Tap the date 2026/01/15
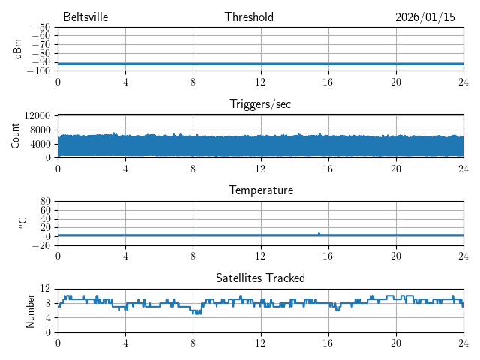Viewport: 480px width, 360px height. pyautogui.click(x=425, y=17)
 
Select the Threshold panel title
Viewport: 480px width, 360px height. pyautogui.click(x=249, y=17)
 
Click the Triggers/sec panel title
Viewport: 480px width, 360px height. pyautogui.click(x=260, y=104)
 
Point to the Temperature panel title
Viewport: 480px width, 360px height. pyautogui.click(x=260, y=190)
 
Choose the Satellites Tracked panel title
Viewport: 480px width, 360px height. pyautogui.click(x=260, y=278)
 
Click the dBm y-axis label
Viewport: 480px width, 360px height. pyautogui.click(x=17, y=49)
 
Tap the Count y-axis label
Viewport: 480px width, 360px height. pyautogui.click(x=16, y=136)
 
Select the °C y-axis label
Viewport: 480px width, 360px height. pyautogui.click(x=22, y=223)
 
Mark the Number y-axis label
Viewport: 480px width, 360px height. pyautogui.click(x=31, y=310)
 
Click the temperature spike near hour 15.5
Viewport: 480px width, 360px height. pyautogui.click(x=319, y=233)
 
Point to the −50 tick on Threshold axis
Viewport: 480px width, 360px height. pyautogui.click(x=41, y=28)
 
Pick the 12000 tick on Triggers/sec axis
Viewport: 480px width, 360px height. pyautogui.click(x=37, y=115)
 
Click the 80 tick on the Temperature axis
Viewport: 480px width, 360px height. pyautogui.click(x=46, y=202)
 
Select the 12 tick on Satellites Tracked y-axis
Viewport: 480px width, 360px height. pyautogui.click(x=46, y=289)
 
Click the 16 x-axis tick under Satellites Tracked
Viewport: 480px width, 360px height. pyautogui.click(x=328, y=341)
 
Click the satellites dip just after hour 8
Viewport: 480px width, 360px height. pyautogui.click(x=197, y=312)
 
